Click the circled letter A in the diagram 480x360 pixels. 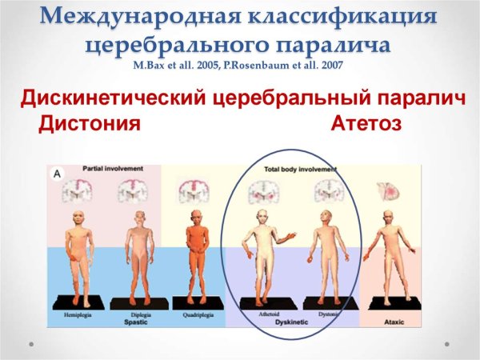[57, 172]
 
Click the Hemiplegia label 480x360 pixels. [78, 314]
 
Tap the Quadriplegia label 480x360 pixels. [195, 314]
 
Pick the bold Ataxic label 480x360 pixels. [387, 322]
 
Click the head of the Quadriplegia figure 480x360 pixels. [194, 218]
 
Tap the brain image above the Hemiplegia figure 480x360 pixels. [79, 190]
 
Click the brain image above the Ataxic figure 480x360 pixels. [387, 190]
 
